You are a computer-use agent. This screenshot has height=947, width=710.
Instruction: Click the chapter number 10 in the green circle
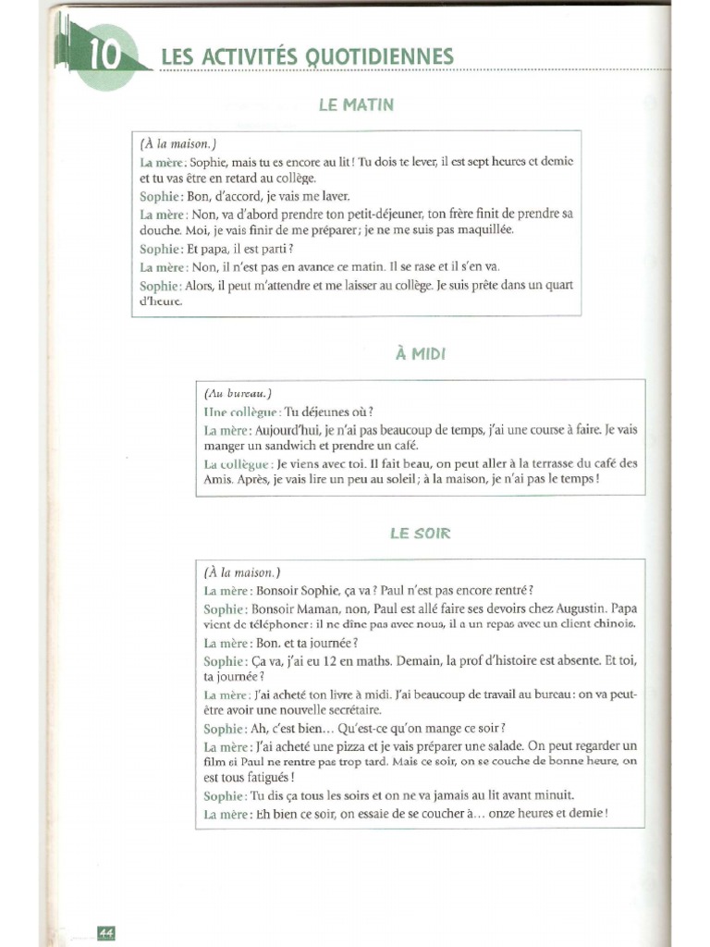coord(105,56)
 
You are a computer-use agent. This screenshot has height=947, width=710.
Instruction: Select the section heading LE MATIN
coord(356,105)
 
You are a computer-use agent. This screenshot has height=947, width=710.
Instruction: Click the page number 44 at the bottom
coord(104,932)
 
